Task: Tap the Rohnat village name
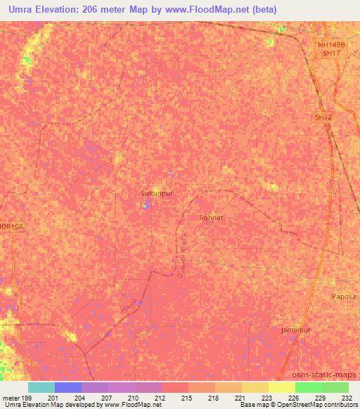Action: click(211, 218)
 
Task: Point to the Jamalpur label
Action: click(296, 330)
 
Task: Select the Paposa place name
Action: click(345, 297)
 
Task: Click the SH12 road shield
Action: click(323, 118)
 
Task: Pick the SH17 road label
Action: click(330, 53)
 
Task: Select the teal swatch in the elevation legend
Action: click(41, 387)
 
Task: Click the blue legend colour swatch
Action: click(68, 387)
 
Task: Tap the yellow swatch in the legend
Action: click(281, 387)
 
